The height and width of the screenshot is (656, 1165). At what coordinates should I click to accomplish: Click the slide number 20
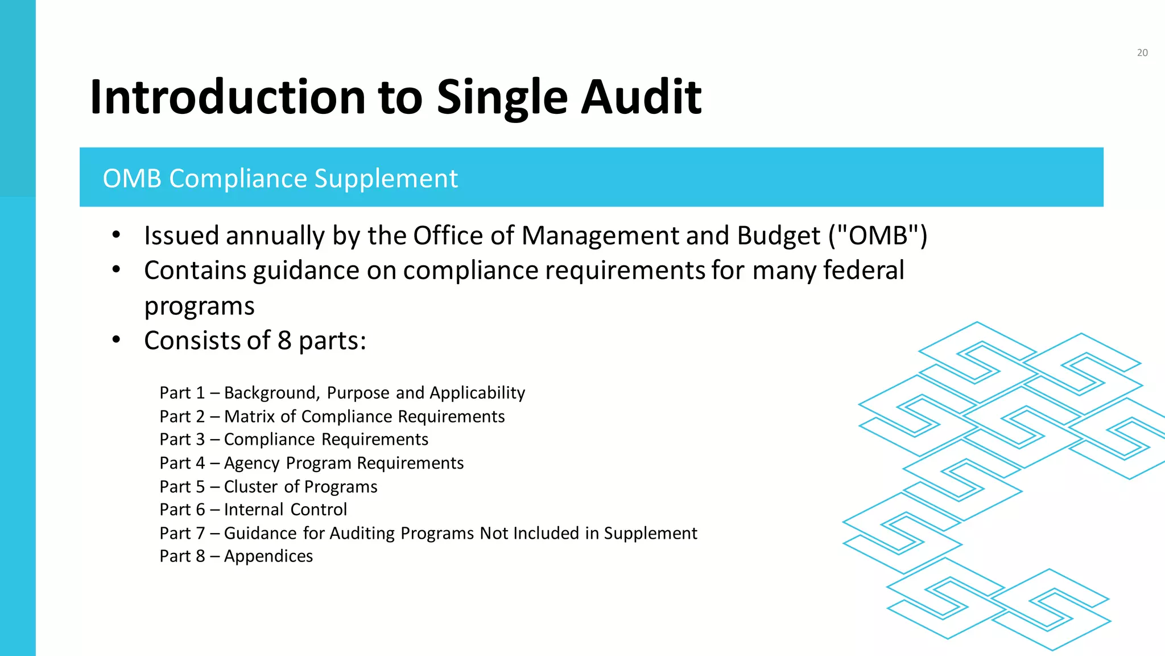(1142, 53)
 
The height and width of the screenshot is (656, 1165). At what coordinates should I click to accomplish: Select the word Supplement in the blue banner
(386, 178)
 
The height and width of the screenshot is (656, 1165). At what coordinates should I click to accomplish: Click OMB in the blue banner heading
(132, 178)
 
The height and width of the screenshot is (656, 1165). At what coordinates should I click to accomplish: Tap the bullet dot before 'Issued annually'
(117, 235)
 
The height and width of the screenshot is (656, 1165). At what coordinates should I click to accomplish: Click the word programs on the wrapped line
(199, 306)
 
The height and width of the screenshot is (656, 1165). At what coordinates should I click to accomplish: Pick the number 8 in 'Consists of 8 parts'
(284, 341)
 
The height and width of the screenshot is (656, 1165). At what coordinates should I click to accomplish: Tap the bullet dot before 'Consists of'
(117, 340)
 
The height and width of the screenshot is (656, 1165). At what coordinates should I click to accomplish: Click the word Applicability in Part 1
(477, 393)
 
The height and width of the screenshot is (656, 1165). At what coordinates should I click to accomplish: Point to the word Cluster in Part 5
(251, 487)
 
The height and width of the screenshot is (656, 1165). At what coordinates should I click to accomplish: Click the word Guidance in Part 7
(261, 534)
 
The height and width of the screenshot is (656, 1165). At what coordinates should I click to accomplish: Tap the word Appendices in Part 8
(268, 556)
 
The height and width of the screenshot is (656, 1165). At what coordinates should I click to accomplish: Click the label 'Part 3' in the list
(182, 440)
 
